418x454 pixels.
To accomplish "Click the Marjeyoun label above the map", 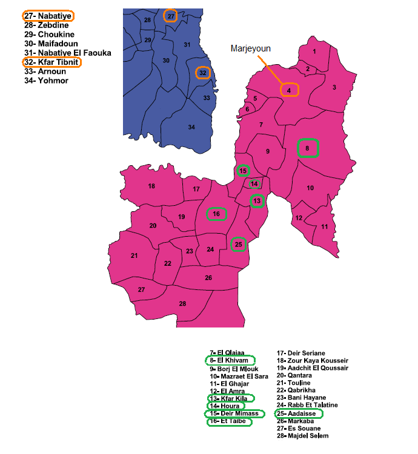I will pos(250,48).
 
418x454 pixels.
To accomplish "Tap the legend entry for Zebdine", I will pos(46,25).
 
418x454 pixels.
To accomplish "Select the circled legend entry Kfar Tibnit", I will pos(51,62).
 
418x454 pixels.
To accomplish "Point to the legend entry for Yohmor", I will pos(46,81).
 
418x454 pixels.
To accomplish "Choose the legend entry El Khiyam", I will pos(230,361).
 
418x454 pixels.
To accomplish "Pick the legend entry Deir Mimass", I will pos(234,413).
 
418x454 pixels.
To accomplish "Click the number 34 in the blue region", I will pos(191,127).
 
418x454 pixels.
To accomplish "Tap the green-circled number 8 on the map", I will pos(308,148).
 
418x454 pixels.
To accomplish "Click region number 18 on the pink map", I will pos(151,186).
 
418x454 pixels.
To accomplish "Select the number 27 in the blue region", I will pos(171,16).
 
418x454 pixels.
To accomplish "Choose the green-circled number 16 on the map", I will pos(216,214).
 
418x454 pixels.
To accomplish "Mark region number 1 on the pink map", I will pos(314,51).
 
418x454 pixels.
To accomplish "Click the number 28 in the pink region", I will pos(182,303).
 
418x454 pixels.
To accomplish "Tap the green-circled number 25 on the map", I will pos(239,244).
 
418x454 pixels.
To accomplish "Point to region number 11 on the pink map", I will pos(325,226).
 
